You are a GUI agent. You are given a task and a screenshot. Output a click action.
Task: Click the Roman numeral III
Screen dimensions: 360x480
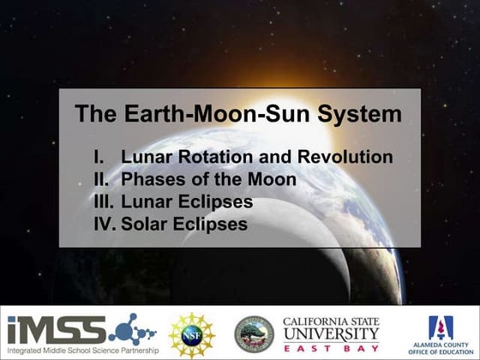coord(104,203)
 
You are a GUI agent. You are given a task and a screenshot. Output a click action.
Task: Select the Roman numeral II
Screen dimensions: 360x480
coord(103,180)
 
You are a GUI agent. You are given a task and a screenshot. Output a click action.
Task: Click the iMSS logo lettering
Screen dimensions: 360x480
coord(56,328)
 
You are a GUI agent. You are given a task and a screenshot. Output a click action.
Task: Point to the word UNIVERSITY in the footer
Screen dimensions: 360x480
coord(331,333)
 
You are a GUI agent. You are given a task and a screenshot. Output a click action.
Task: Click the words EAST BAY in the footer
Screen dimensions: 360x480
coord(331,347)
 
